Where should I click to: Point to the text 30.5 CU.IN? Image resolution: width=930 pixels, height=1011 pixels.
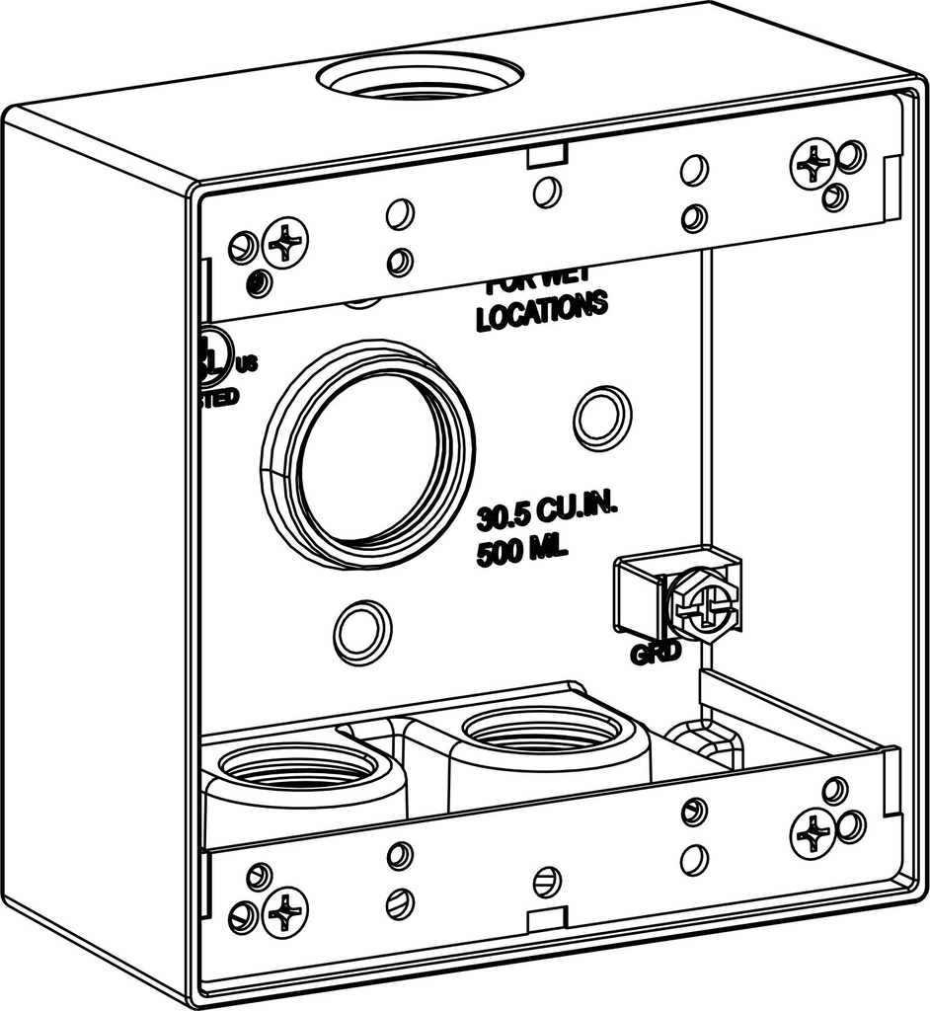(546, 515)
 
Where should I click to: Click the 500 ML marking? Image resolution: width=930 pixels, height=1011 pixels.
(522, 552)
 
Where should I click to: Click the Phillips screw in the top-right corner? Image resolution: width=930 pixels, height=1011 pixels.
(813, 162)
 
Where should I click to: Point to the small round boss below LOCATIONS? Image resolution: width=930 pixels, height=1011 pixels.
(602, 417)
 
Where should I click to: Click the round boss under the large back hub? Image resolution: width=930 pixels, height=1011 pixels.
(362, 632)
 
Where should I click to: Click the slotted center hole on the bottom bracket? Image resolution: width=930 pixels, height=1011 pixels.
(546, 879)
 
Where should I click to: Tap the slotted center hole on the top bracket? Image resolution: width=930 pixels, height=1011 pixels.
(547, 192)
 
